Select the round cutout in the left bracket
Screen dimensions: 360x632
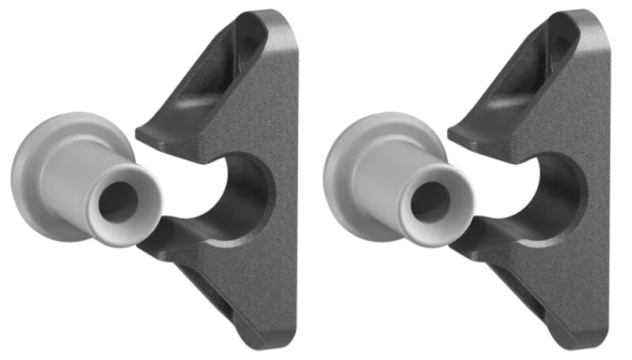[x=243, y=189]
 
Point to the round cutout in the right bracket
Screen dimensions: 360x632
[x=555, y=189]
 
